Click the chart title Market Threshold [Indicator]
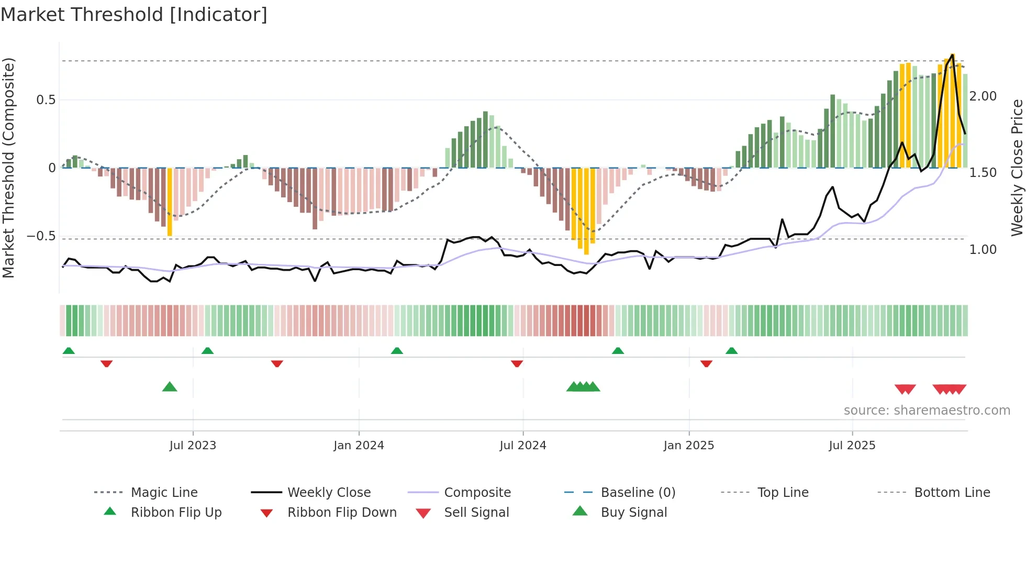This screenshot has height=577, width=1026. [134, 15]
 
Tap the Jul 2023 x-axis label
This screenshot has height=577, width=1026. [193, 445]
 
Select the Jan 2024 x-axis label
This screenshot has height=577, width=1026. [359, 445]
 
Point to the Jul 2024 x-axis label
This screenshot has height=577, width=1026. [522, 445]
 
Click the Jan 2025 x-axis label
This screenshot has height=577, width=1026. [688, 445]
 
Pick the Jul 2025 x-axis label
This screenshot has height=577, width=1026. [852, 445]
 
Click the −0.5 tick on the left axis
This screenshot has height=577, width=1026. [41, 236]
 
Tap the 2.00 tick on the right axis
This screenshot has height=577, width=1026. [983, 96]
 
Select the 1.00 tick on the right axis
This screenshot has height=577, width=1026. [983, 250]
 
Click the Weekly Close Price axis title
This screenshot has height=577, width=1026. [1017, 168]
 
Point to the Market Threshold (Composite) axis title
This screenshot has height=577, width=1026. [8, 168]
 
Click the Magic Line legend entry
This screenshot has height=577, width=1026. [164, 492]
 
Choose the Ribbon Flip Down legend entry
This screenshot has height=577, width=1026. [342, 512]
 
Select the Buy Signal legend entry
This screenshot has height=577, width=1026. [633, 512]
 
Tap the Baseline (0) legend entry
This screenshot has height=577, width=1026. [638, 492]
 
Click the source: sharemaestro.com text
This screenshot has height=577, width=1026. [927, 410]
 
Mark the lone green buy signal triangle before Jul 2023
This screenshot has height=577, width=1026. [170, 387]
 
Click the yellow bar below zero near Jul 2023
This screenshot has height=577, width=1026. [170, 202]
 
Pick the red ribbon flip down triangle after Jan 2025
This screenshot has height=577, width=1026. [706, 363]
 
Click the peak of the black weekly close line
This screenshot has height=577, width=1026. [953, 54]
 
